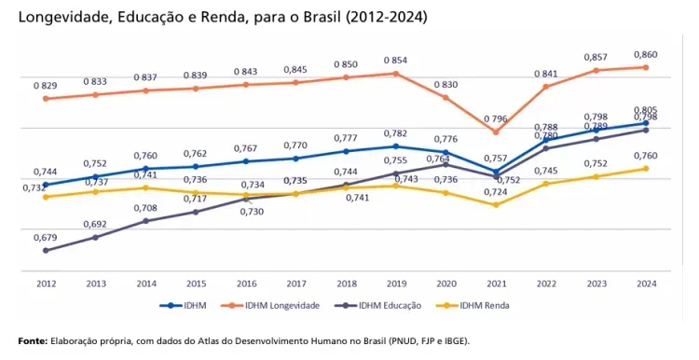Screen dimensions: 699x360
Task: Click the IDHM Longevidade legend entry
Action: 270,306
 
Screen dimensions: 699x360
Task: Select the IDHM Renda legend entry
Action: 473,306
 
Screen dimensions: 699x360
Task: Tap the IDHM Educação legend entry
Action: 377,306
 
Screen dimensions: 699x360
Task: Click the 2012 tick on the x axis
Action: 46,284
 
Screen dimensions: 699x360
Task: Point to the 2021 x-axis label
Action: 496,284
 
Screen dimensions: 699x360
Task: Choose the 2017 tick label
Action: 296,284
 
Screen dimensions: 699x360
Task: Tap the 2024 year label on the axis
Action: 647,284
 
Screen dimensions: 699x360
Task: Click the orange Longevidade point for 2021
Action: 496,132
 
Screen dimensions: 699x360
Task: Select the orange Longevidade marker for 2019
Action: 395,74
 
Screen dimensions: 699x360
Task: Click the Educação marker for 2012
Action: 46,251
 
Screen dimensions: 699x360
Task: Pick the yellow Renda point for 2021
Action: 496,205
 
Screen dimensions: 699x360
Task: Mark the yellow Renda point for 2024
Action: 646,169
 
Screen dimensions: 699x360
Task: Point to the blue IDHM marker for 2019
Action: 395,146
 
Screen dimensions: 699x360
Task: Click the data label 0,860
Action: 646,55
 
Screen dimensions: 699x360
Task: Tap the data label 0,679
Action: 46,238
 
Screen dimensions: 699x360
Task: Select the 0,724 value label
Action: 496,192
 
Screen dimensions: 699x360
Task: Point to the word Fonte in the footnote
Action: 33,341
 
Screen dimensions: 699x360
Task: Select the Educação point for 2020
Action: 445,164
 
